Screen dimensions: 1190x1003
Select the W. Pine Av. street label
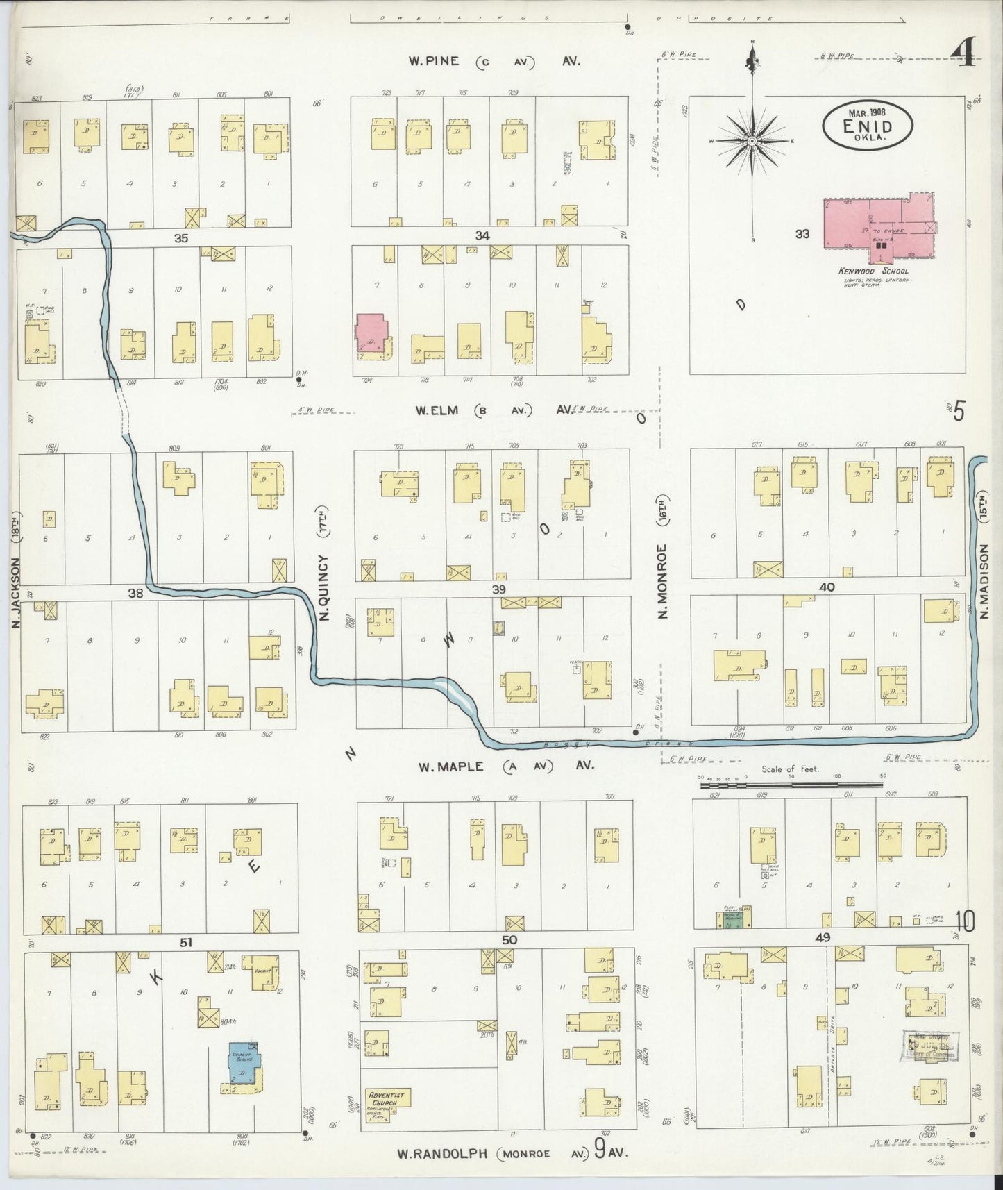tap(494, 61)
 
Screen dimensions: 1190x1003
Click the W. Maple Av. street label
tap(506, 766)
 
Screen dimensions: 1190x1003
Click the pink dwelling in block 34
tap(371, 333)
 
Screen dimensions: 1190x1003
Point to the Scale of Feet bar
tap(791, 785)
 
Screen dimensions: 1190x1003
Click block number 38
tap(135, 593)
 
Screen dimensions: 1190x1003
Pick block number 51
tap(185, 942)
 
